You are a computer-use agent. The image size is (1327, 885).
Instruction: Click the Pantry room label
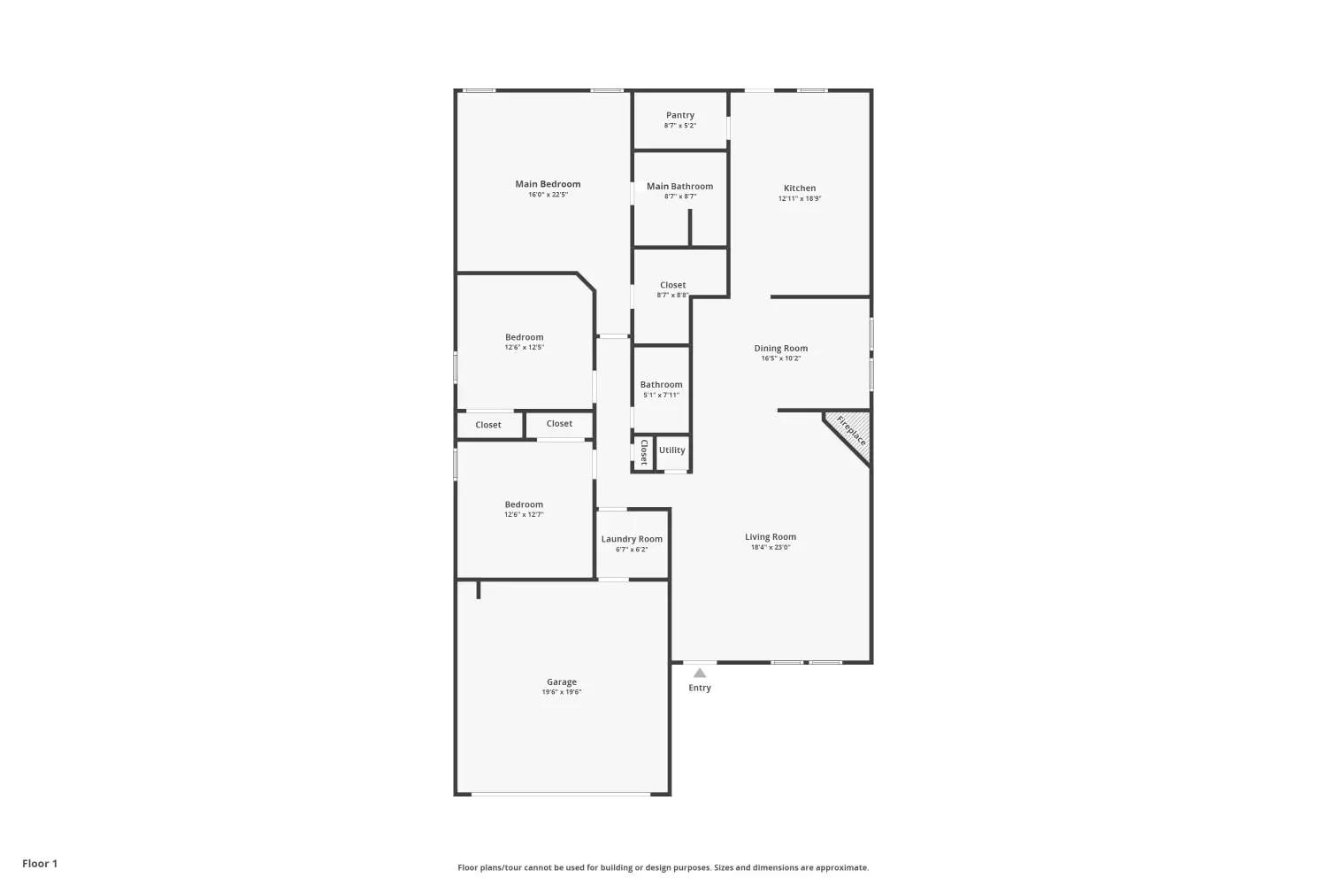point(679,115)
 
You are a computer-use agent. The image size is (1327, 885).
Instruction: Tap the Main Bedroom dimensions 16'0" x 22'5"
point(548,195)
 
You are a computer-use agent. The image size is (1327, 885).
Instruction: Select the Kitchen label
point(800,188)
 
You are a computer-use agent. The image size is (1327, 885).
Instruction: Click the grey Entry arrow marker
point(700,673)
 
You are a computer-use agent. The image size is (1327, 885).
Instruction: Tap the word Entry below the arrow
point(700,688)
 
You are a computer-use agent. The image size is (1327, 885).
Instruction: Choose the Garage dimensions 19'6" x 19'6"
point(562,692)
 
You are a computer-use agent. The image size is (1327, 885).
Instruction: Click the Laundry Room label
point(632,539)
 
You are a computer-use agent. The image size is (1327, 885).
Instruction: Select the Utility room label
point(671,450)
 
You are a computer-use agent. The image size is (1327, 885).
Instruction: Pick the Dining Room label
point(781,348)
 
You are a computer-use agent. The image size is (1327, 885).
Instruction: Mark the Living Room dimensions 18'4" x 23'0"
point(771,547)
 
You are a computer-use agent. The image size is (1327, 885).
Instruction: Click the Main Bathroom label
point(679,186)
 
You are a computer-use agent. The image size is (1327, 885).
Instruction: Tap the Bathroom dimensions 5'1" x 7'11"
point(661,395)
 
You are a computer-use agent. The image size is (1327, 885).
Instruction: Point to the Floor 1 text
point(40,863)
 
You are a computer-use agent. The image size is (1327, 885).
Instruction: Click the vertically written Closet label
point(644,452)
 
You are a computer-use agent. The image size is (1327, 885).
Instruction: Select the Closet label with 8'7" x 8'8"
point(673,285)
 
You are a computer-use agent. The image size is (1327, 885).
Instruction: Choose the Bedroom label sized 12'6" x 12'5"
point(525,337)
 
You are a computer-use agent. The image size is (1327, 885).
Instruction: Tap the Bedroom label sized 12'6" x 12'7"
point(524,504)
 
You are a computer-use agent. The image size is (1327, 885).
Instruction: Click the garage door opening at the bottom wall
point(560,794)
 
